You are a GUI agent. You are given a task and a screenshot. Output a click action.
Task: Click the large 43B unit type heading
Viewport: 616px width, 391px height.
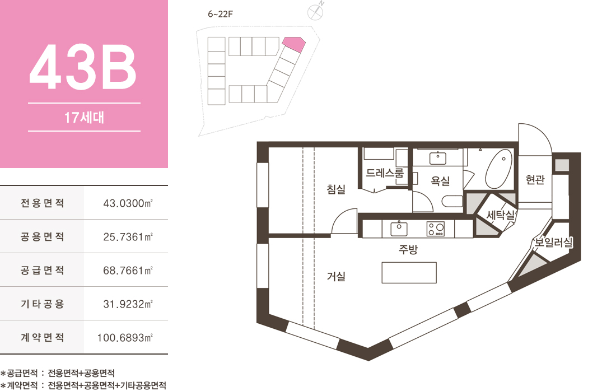pos(83,67)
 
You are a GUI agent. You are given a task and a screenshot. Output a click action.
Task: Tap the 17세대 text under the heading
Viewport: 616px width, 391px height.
pos(84,118)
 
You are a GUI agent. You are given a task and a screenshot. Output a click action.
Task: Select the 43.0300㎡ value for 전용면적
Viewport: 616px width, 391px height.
pos(128,203)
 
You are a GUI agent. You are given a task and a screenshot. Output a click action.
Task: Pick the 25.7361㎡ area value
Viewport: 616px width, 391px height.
pos(128,236)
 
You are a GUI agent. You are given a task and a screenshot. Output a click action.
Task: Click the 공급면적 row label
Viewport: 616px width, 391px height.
pos(42,271)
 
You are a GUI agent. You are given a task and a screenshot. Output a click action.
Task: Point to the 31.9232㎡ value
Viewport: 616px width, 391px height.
pos(128,304)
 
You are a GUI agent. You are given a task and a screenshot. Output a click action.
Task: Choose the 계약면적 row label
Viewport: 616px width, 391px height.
pos(42,338)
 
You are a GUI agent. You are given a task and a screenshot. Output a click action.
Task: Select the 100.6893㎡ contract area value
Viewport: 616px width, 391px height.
pos(125,338)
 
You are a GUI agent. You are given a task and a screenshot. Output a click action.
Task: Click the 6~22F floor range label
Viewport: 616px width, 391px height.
pos(221,14)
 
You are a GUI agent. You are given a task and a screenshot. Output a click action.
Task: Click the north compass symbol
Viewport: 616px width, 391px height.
pos(315,12)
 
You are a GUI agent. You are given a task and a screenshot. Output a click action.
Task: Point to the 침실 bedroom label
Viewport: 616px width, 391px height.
pos(336,189)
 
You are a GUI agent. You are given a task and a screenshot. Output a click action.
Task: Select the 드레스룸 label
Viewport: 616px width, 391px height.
pos(385,173)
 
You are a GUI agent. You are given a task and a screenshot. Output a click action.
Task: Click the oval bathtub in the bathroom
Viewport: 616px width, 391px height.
pos(499,169)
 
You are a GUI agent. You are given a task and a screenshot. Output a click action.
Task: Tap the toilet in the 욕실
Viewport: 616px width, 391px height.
pos(452,201)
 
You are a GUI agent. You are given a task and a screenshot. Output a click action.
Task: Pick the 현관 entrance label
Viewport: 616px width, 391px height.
pos(535,180)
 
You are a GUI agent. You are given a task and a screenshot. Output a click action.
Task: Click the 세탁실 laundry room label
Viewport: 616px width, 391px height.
pos(501,215)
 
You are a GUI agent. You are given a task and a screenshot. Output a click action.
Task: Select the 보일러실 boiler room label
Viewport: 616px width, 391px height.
pos(553,242)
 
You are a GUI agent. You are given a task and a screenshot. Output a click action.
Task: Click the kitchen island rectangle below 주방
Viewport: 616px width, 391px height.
pos(409,273)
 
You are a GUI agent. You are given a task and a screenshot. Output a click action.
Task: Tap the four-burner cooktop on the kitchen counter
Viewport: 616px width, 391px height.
pos(435,229)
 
